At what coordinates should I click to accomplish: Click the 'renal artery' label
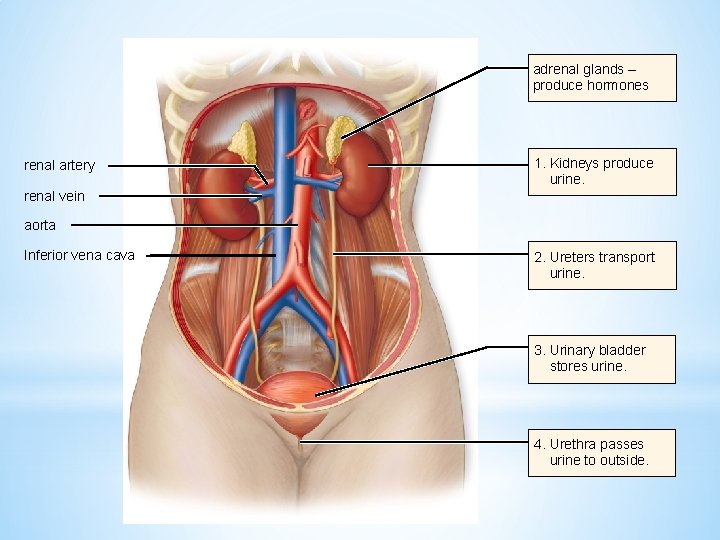click(x=59, y=165)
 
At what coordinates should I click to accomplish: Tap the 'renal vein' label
click(x=54, y=196)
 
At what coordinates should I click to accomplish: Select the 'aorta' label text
click(x=39, y=225)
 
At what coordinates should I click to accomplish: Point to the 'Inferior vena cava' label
click(x=79, y=256)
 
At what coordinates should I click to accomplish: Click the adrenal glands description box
click(x=602, y=78)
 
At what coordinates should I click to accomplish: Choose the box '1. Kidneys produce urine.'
click(x=602, y=172)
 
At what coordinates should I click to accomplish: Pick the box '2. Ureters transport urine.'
click(x=602, y=265)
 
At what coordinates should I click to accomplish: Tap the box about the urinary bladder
click(x=602, y=358)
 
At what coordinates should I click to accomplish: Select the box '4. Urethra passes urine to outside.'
click(x=602, y=452)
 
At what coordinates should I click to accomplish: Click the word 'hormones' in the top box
click(x=619, y=86)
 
